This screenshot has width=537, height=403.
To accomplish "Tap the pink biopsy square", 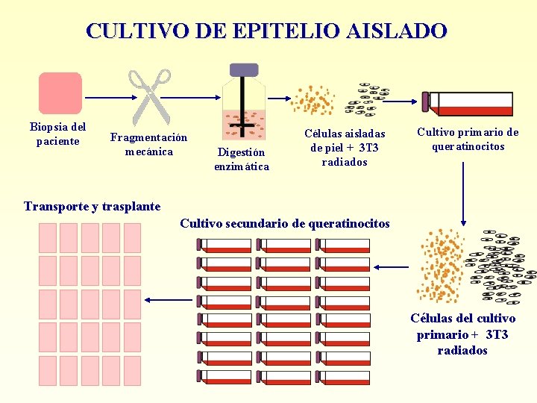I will [60, 93].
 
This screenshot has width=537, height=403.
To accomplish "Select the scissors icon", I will [151, 95].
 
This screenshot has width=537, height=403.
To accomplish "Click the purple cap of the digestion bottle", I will [244, 70].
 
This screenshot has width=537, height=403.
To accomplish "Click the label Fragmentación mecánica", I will [148, 145].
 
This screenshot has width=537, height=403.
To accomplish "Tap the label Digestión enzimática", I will [242, 159].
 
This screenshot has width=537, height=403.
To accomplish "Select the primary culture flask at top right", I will [468, 103].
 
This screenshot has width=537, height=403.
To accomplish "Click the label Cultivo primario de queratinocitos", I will [468, 140].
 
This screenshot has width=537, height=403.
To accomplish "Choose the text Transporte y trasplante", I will [92, 206].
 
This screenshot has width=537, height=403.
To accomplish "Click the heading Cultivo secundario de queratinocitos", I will [285, 223].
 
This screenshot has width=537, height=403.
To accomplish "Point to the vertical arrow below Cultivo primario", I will [464, 191].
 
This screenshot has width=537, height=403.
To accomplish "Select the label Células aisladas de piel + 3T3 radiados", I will [345, 147].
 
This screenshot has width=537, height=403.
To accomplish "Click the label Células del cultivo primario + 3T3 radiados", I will [462, 334].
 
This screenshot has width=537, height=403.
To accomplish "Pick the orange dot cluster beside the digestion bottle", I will [313, 99].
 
